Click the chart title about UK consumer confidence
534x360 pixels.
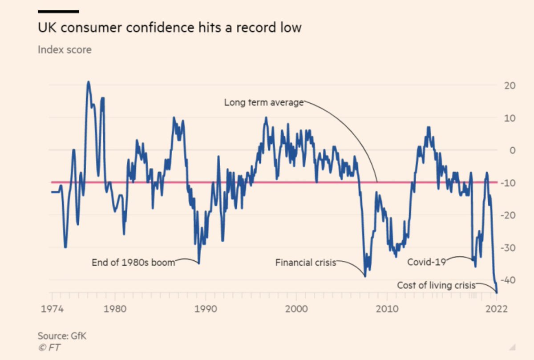170,28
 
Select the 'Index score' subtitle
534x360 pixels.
65,49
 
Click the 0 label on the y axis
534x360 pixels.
513,150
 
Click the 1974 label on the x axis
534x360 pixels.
52,309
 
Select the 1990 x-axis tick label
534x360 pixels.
206,309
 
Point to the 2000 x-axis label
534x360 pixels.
297,309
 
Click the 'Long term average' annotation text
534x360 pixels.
263,103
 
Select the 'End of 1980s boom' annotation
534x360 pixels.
133,263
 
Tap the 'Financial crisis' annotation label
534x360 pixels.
305,263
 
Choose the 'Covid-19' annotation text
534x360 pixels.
426,262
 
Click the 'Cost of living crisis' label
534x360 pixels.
436,285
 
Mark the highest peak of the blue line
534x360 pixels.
88,82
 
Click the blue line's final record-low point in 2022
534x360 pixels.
497,292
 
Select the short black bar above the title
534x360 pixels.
58,12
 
